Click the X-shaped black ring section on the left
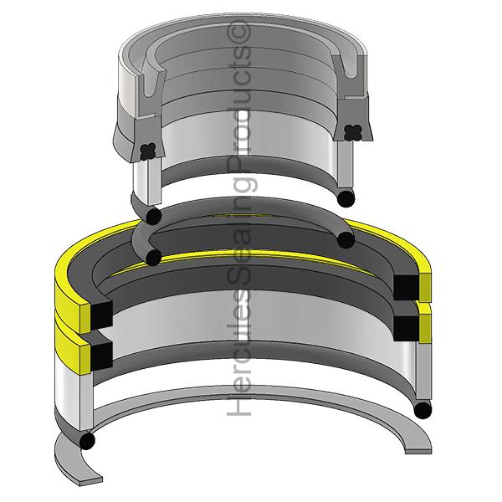(148, 151)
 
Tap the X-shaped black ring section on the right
(353, 132)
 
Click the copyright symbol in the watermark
(238, 32)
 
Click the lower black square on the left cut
(102, 355)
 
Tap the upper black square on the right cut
(406, 287)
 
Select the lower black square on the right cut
(406, 328)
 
